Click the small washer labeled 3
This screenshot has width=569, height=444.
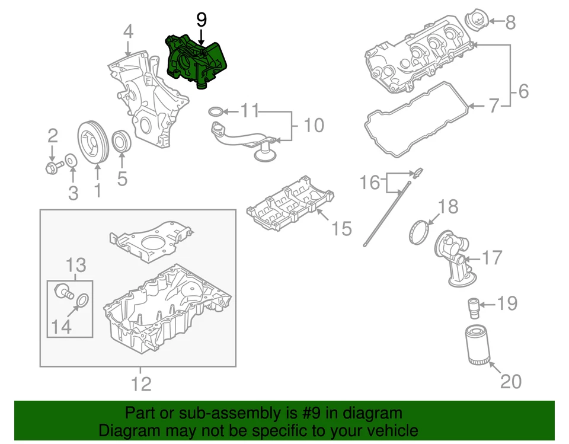pos(70,160)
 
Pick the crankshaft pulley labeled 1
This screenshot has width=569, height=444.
pos(92,142)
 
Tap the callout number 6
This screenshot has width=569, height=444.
pos(523,92)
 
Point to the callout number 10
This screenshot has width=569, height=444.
pos(314,126)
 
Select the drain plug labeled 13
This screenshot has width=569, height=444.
pos(60,290)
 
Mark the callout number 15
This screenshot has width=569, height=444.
pos(342,228)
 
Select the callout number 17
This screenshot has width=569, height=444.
pos(492,258)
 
